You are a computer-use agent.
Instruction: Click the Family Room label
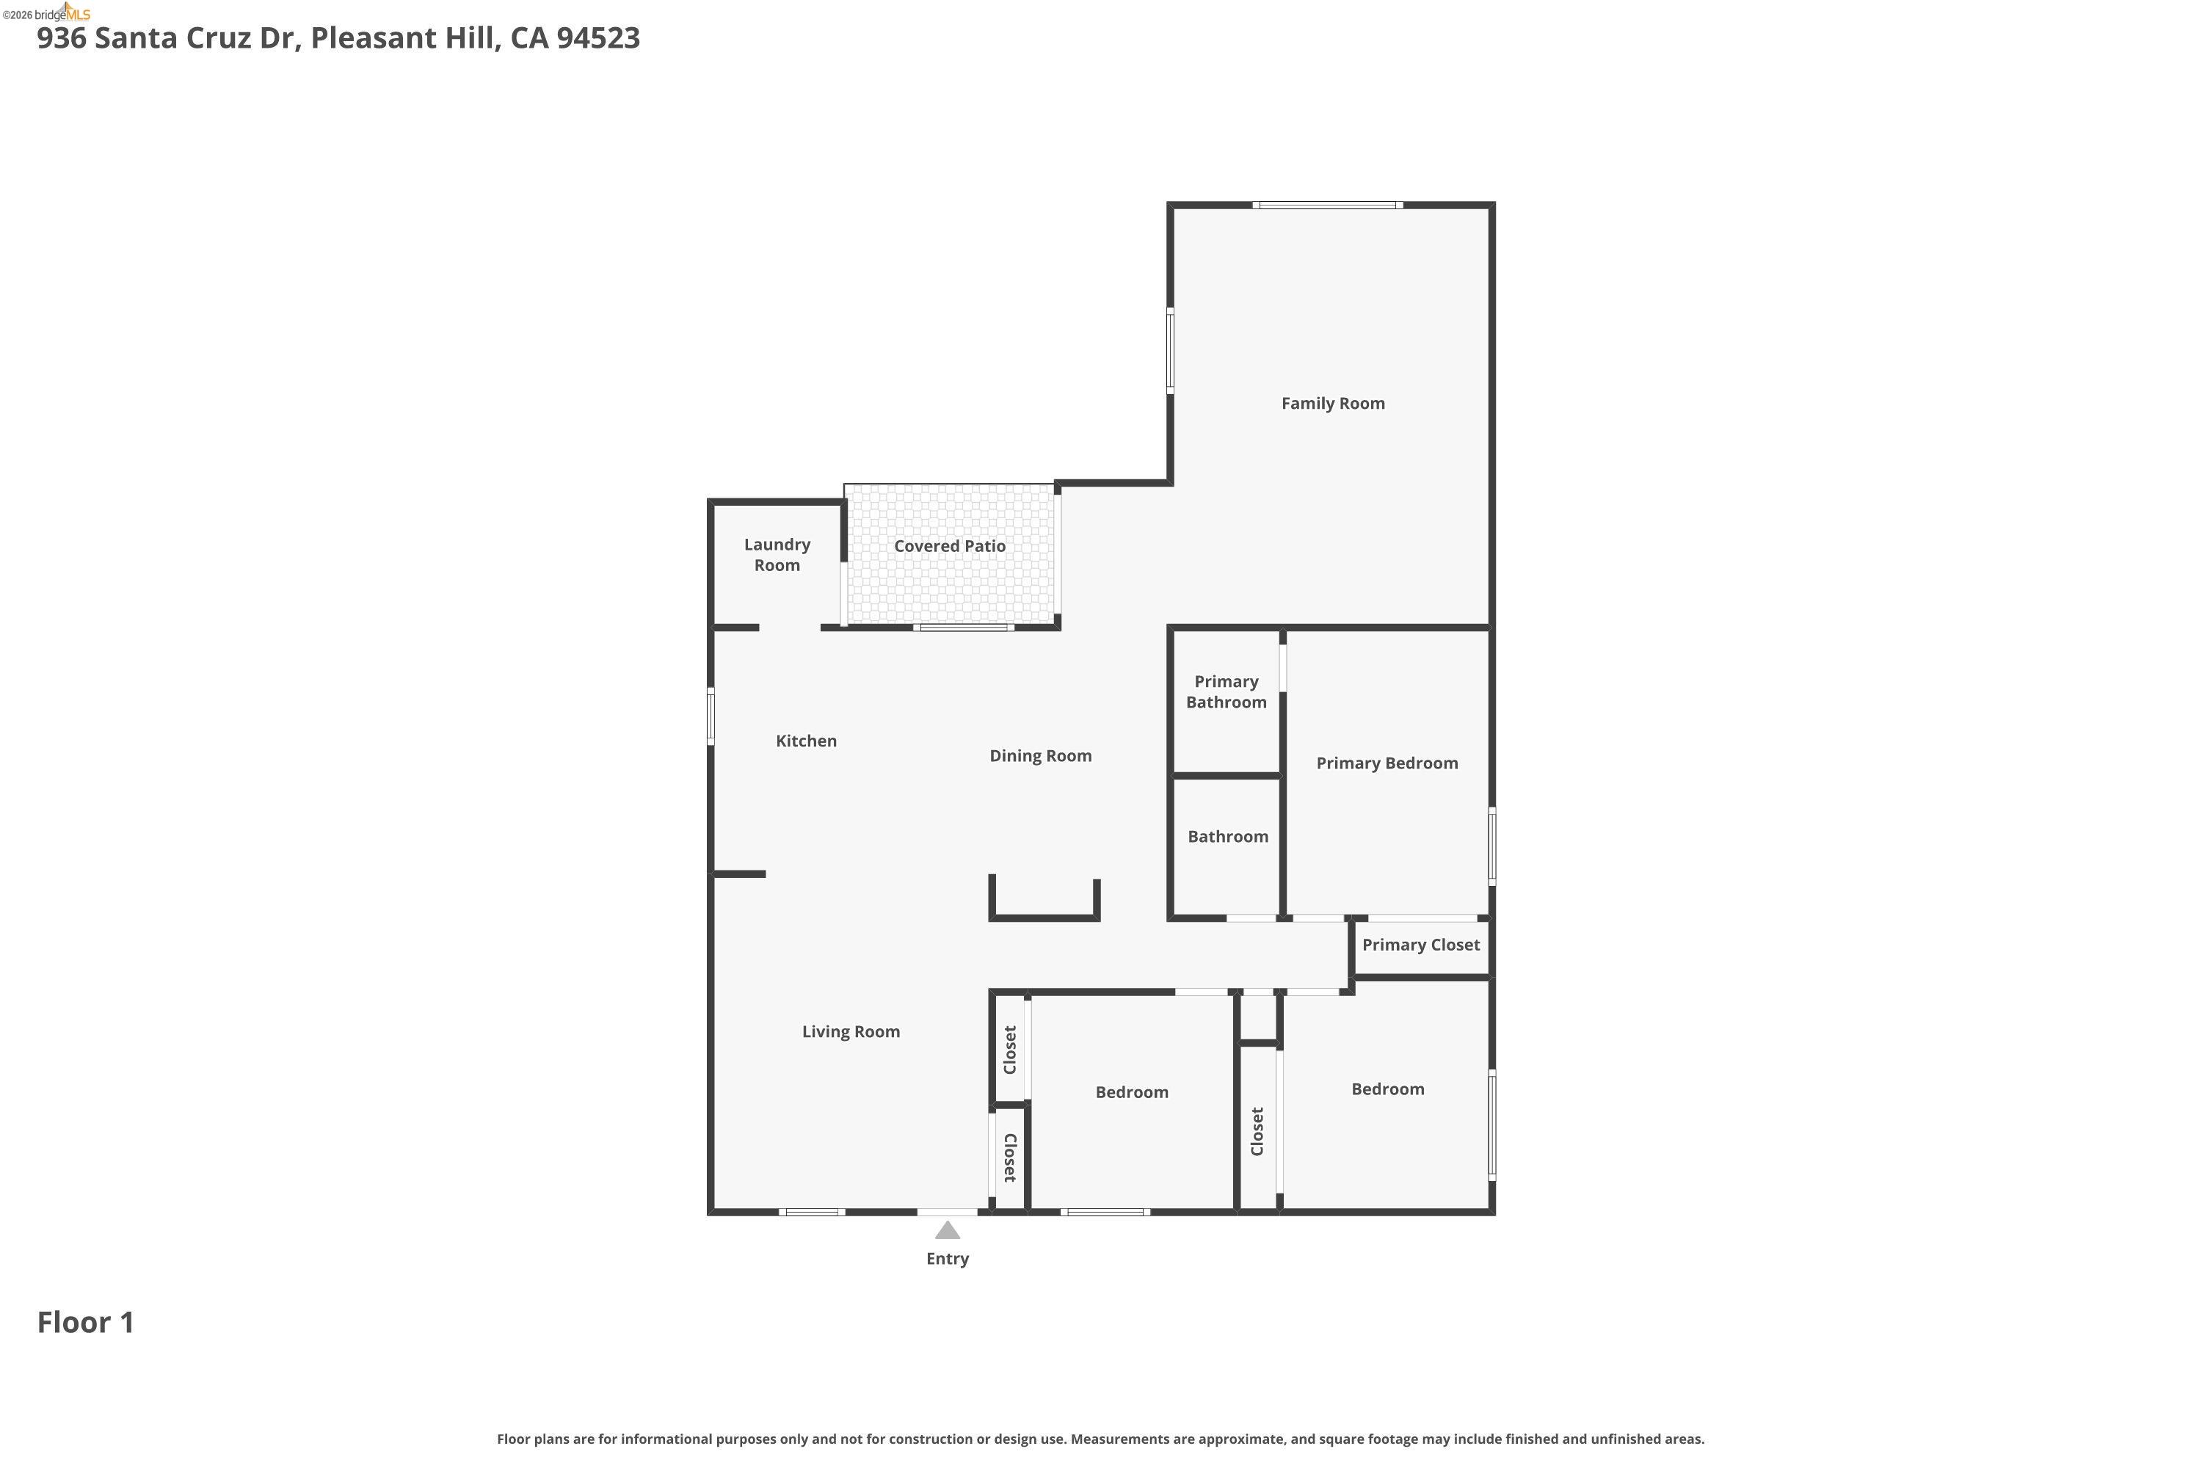(x=1332, y=404)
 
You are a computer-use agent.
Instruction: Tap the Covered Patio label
(x=949, y=546)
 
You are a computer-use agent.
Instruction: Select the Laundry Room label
(x=777, y=554)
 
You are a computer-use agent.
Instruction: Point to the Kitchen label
(x=806, y=741)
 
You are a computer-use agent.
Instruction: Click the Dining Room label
(x=1040, y=755)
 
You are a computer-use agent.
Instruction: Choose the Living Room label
(x=850, y=1032)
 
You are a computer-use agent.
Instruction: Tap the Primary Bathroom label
(x=1226, y=692)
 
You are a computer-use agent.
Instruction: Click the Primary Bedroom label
(x=1387, y=763)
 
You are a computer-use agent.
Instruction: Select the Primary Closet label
(x=1420, y=945)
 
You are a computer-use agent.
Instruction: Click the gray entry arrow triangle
(x=948, y=1230)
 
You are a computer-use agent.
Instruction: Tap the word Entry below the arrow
(x=948, y=1260)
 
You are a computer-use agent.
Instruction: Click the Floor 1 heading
(x=86, y=1323)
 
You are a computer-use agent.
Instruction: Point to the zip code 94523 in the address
(x=598, y=38)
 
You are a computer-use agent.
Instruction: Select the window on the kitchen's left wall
(x=711, y=716)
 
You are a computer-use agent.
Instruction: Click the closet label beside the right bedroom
(x=1257, y=1131)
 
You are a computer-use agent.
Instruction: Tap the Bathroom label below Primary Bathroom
(x=1227, y=837)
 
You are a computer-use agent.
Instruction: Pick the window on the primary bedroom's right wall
(x=1491, y=846)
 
